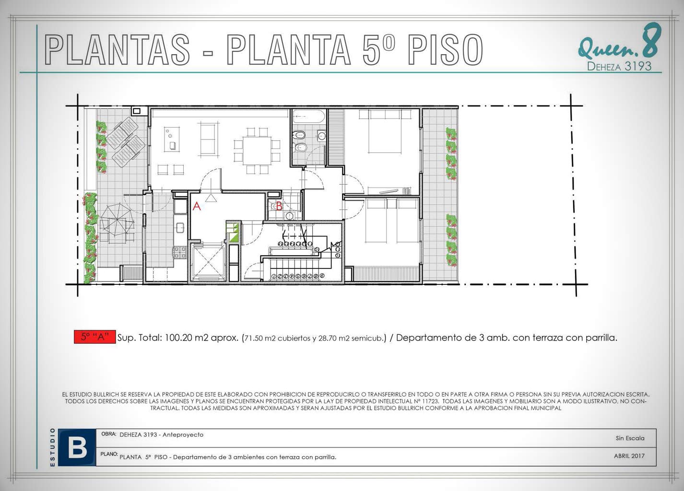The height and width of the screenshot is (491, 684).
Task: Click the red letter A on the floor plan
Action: coord(197,207)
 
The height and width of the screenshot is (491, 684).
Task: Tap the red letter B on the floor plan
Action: coord(279,206)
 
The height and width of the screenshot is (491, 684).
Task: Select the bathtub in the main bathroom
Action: coord(309,116)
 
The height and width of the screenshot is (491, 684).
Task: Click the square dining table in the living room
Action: coord(257,151)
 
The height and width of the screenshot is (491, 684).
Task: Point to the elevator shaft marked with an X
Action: coord(208,261)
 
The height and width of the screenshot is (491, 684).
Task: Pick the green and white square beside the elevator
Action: coord(232,233)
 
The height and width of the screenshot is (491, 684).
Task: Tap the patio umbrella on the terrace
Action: coord(117,220)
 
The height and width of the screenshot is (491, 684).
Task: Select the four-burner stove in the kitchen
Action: coord(179,252)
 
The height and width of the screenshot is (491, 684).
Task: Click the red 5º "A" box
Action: coord(94,337)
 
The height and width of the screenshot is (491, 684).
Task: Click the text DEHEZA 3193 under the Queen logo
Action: coord(619,66)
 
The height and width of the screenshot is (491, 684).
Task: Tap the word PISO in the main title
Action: coord(445,49)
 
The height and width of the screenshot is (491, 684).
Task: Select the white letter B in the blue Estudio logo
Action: coord(77,448)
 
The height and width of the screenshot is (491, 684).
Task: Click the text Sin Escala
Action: coord(630,438)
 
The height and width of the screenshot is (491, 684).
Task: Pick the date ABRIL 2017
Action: coord(629,456)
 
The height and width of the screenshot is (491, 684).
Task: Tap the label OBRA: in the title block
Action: coord(109,434)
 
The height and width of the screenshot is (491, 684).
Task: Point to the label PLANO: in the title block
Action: coord(109,454)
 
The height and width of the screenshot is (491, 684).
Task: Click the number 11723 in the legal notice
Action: coord(430,401)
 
